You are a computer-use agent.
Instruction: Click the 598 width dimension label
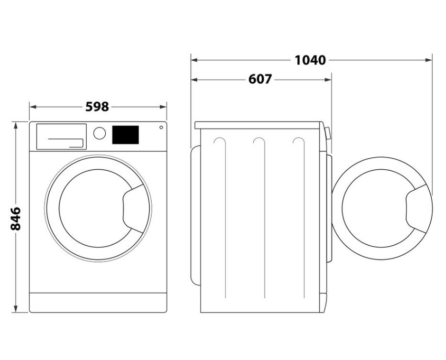click(97, 107)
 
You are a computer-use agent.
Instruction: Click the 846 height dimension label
click(15, 219)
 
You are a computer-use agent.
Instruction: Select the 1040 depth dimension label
click(310, 60)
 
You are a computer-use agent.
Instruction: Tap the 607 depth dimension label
click(260, 79)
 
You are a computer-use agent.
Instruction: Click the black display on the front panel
click(125, 134)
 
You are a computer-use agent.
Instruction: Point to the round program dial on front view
click(100, 133)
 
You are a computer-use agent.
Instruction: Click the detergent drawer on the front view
click(61, 136)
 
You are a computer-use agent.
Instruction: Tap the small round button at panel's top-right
click(161, 127)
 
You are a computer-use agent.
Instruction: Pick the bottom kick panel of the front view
click(98, 303)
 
